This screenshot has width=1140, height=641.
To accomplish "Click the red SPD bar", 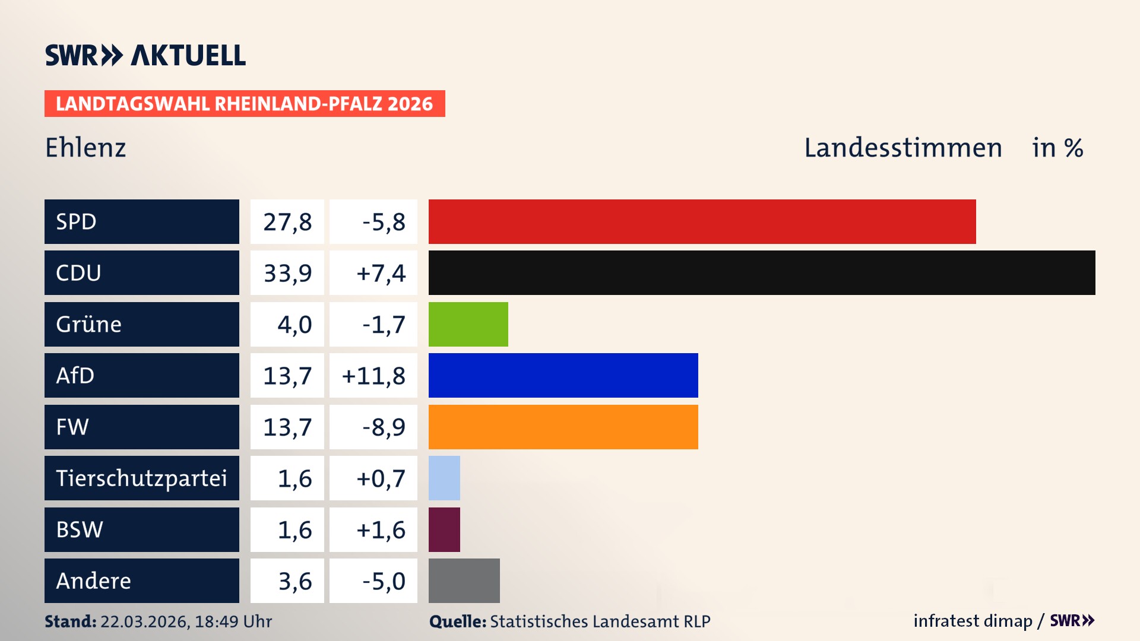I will tap(702, 221).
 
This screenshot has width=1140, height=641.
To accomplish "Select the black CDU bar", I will tap(762, 273).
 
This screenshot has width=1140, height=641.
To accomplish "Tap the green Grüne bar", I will tap(468, 324).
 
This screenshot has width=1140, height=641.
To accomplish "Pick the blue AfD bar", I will tap(563, 375).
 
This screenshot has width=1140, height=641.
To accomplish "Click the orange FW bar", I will tap(563, 427).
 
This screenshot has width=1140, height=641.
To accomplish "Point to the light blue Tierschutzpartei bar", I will tap(444, 478).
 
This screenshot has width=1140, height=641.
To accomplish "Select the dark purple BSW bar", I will tap(444, 529).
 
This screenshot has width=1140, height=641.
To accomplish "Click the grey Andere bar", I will tap(464, 580).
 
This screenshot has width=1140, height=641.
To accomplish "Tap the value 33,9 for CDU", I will tap(287, 273).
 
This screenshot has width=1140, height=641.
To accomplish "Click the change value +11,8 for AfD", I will tap(373, 376).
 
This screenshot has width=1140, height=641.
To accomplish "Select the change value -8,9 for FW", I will tap(384, 427).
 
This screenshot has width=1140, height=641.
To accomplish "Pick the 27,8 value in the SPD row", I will tap(287, 222).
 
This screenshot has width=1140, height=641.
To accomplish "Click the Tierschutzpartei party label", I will tap(141, 478).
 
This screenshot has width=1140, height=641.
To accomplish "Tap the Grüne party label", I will tap(89, 324).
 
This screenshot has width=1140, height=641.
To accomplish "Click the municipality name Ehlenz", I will tap(85, 148).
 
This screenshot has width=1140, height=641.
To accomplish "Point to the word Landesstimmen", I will tap(902, 148).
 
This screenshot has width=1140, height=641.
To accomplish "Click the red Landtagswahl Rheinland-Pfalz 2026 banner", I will tap(245, 103).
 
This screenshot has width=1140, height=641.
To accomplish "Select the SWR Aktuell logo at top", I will tap(145, 55).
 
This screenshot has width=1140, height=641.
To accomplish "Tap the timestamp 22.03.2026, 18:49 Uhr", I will tap(186, 621).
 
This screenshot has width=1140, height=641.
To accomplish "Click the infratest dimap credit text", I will tap(973, 621).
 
